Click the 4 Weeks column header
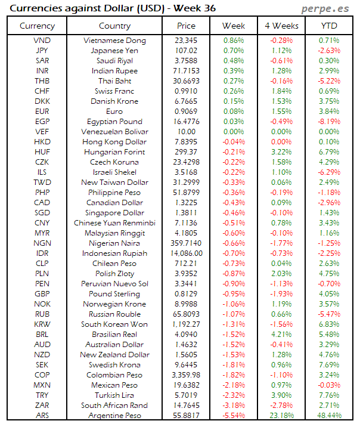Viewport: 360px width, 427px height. coord(281,26)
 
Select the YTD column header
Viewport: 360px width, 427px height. coord(328,26)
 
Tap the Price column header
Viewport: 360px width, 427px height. coord(187,26)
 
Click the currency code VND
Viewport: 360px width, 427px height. coord(42,41)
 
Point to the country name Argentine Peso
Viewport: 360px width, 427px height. coord(114,416)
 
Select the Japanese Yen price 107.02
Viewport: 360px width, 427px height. coord(187,51)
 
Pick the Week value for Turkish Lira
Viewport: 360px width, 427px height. coord(234,395)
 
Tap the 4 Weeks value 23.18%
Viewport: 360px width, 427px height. coord(281,416)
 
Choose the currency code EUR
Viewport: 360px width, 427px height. coord(42,112)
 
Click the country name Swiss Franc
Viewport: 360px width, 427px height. coord(114,91)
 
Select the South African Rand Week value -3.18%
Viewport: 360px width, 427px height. coord(234,406)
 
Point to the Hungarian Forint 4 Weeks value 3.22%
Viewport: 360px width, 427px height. coord(281,152)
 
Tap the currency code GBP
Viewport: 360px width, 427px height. coord(42,294)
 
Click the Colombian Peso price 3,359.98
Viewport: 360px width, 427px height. coord(187,375)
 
